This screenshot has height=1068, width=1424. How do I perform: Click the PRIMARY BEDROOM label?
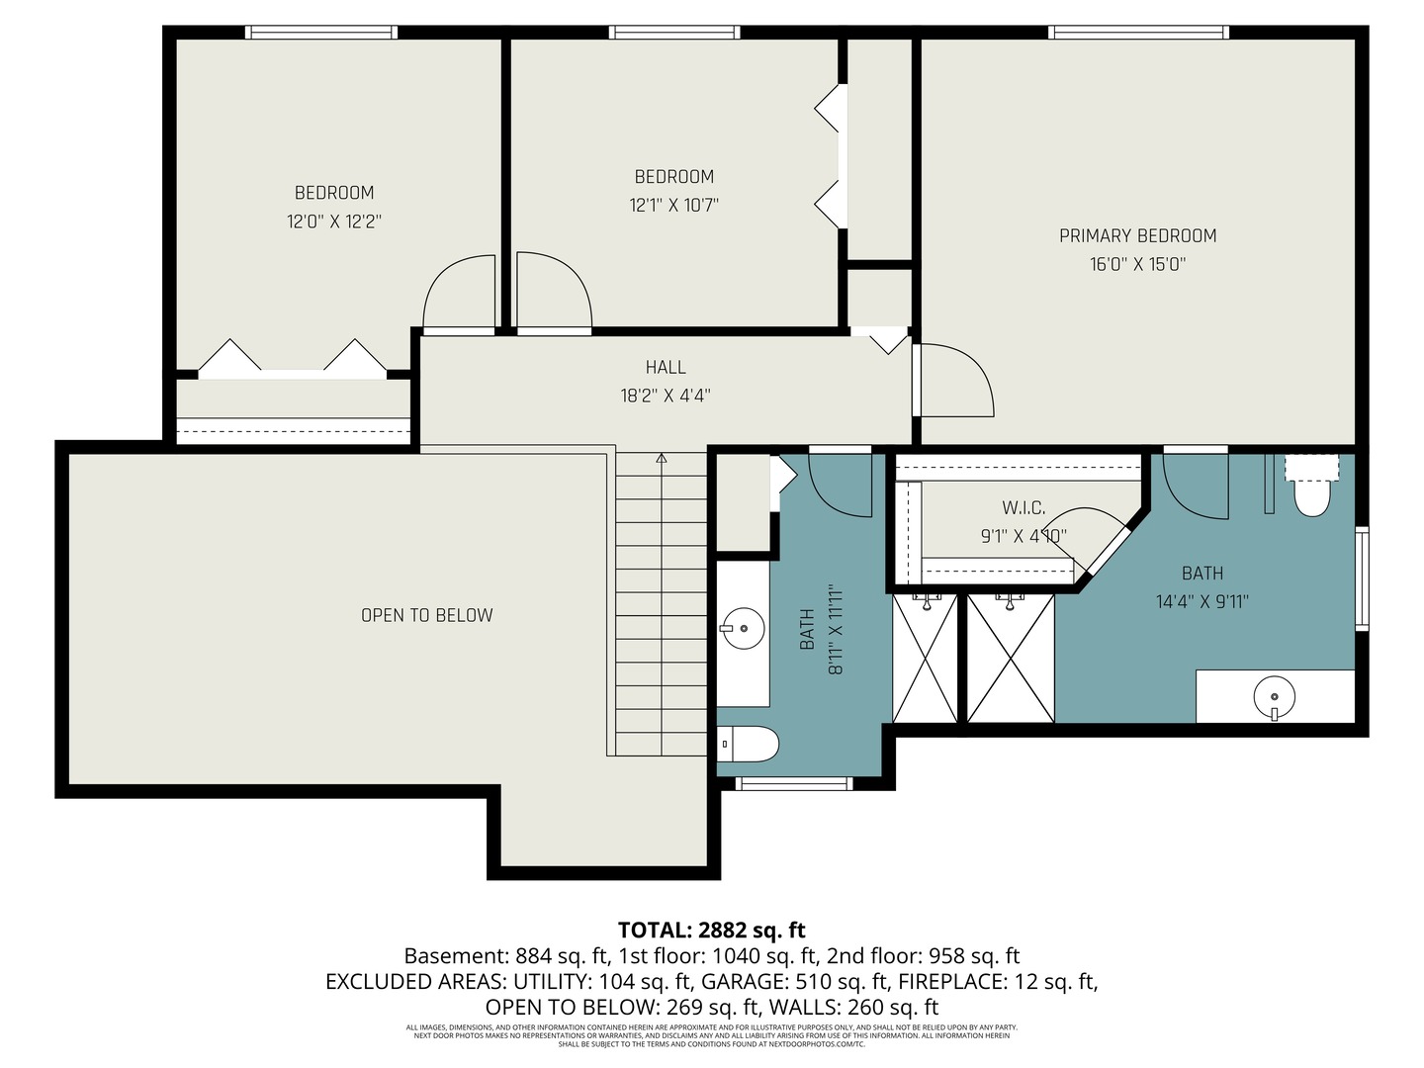(x=1137, y=235)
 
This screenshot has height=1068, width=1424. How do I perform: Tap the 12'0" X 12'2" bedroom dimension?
(x=334, y=222)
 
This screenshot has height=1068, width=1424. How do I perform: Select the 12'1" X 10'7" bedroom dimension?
(x=673, y=206)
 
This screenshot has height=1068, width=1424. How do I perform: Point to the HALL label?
(x=666, y=367)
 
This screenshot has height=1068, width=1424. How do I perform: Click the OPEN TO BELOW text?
(x=426, y=615)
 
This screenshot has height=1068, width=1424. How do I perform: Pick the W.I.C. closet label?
(x=1023, y=507)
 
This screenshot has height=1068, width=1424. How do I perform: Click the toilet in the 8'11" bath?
(x=749, y=744)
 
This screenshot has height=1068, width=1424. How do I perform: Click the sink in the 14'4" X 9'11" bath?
(x=1274, y=696)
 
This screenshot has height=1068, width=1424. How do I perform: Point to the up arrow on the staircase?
(x=662, y=458)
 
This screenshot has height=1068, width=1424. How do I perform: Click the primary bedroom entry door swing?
(x=954, y=381)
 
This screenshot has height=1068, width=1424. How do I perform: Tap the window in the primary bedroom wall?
(x=1139, y=33)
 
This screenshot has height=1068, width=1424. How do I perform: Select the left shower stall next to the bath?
(x=925, y=658)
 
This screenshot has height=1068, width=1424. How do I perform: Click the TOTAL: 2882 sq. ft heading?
(x=711, y=930)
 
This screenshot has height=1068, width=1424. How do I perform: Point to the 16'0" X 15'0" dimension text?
(x=1137, y=264)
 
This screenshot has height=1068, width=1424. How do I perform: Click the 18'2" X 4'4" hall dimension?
(x=666, y=396)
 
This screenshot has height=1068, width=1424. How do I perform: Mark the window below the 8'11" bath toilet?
(x=794, y=783)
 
